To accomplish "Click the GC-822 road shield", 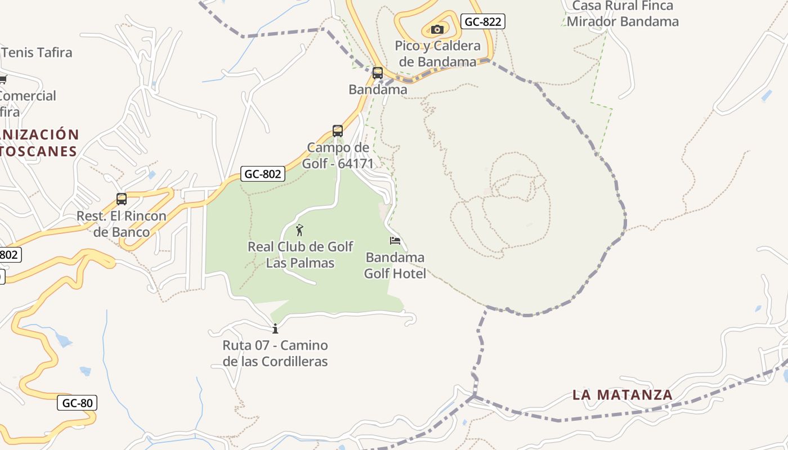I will (x=482, y=22).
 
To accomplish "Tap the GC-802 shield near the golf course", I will (x=263, y=174).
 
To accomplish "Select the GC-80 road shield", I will (x=77, y=403).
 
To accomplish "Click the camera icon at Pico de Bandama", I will (x=437, y=29).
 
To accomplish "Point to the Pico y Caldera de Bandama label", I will (x=438, y=53).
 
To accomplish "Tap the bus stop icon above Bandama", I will (x=378, y=73).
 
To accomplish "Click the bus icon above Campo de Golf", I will (x=338, y=131).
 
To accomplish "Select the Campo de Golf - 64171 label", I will (x=338, y=155).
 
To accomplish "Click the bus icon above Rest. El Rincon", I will (x=122, y=199).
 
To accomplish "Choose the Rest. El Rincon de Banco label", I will (x=122, y=224).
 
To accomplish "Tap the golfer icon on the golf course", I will (x=299, y=230).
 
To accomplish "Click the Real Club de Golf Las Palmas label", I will (x=301, y=254).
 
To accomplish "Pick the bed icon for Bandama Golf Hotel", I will (x=395, y=241).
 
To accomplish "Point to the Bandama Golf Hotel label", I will (x=395, y=265).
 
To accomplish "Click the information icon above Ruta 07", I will (x=275, y=328).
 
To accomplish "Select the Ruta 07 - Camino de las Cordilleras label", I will (x=275, y=353).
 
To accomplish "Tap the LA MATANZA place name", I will (x=623, y=395).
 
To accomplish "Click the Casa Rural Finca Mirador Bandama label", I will (x=623, y=14).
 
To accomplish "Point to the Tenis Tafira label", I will (x=37, y=53).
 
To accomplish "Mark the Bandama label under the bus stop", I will (x=378, y=89).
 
